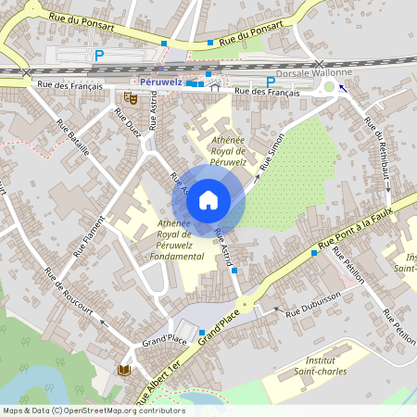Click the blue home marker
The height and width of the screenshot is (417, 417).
click(x=208, y=199)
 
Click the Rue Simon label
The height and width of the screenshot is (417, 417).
click(x=271, y=152)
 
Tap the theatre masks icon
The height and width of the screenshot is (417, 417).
click(x=130, y=96)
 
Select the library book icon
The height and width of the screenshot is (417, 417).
click(x=122, y=371)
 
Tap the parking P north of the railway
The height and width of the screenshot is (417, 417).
click(x=99, y=56)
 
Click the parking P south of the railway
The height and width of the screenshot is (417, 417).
click(x=271, y=82)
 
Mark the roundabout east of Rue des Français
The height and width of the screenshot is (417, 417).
click(x=329, y=89)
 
